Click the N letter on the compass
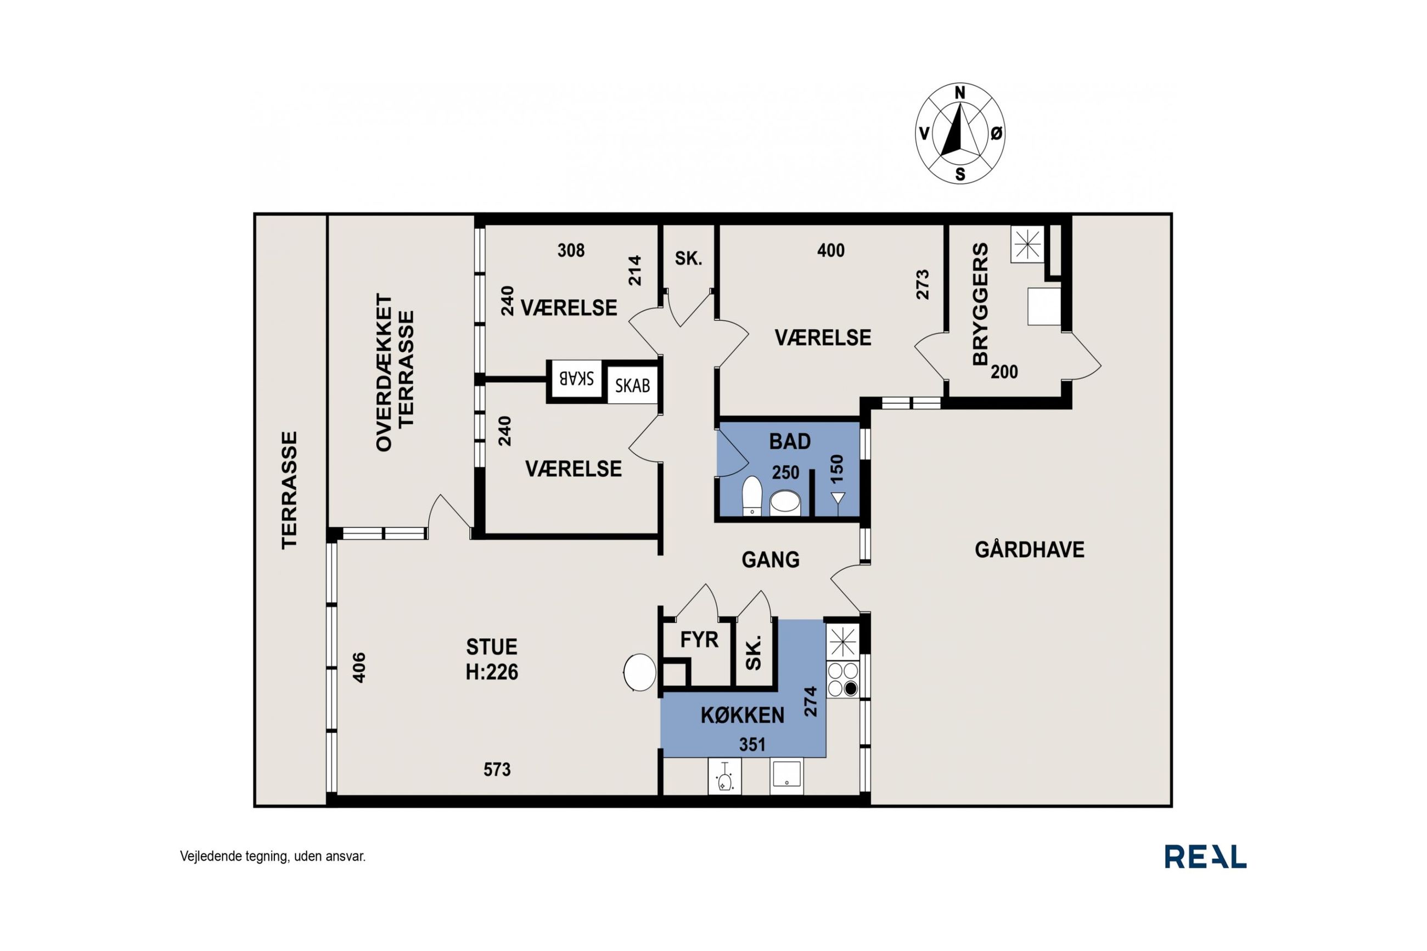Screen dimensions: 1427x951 click(959, 93)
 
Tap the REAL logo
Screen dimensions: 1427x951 click(1205, 857)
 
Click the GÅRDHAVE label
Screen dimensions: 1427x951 click(1029, 549)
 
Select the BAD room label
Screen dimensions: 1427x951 click(790, 442)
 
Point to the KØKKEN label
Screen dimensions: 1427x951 click(742, 716)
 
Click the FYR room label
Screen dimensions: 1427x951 click(699, 639)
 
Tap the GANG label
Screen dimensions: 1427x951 click(770, 559)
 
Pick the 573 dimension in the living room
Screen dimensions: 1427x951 click(497, 770)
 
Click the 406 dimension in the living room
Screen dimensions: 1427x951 click(359, 667)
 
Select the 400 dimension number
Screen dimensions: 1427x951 click(830, 250)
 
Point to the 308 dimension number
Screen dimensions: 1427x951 click(571, 250)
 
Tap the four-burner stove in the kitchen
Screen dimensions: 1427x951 click(843, 679)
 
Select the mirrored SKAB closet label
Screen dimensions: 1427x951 click(576, 379)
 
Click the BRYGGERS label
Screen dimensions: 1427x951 click(980, 304)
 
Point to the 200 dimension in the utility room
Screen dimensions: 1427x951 click(1004, 372)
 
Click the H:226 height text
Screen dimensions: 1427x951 click(491, 672)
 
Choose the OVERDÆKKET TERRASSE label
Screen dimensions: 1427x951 click(394, 373)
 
